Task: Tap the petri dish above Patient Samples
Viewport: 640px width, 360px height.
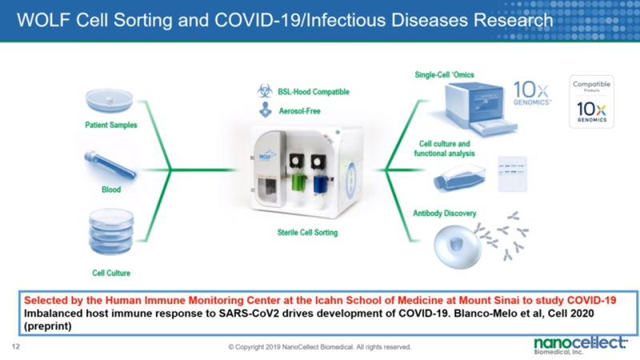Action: pos(110,102)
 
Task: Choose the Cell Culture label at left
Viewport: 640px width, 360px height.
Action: pos(111,273)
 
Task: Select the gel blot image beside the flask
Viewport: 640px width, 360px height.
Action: pos(512,172)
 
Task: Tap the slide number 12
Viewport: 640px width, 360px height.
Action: pos(16,346)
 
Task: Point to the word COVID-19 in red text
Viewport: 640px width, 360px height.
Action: pos(589,300)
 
